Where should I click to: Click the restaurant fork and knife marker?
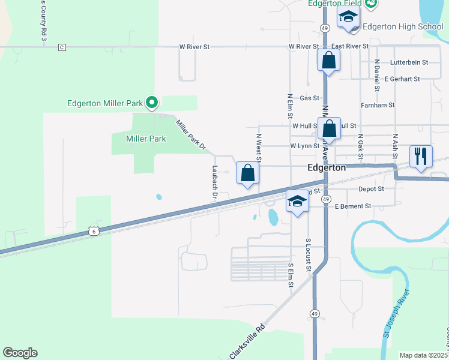(421, 157)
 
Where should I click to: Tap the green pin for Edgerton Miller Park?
(152, 103)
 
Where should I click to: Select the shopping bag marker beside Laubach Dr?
(247, 173)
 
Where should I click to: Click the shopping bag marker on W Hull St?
(329, 128)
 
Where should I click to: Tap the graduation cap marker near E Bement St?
(297, 202)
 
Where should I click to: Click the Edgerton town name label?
(327, 168)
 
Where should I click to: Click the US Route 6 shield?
(92, 231)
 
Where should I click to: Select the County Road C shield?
(62, 47)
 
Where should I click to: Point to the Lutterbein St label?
(409, 62)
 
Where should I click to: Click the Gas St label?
(309, 98)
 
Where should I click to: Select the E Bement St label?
(354, 206)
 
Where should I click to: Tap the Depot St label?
(371, 188)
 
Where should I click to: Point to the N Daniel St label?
(377, 74)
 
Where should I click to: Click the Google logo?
(20, 353)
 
